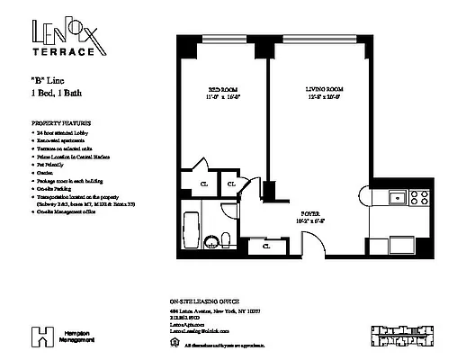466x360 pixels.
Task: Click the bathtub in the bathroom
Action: [191, 227]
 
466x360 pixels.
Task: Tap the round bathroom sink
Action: [212, 240]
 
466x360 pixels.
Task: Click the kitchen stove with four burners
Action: [417, 195]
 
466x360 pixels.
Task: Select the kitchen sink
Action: [394, 195]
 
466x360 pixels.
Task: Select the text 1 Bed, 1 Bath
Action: [55, 94]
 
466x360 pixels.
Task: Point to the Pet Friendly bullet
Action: [52, 166]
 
